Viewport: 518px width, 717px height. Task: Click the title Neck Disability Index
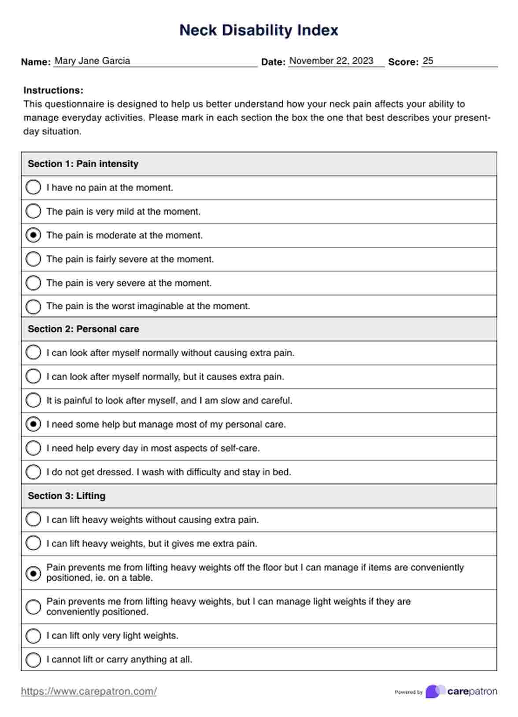point(259,30)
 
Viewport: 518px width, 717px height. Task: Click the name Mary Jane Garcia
point(92,61)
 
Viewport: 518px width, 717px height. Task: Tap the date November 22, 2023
point(331,61)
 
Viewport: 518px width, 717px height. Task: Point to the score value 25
point(428,61)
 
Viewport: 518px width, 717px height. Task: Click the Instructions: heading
point(53,90)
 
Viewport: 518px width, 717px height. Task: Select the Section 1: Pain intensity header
point(83,164)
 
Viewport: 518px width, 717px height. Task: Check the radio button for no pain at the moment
point(33,187)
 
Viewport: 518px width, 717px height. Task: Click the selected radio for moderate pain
point(33,235)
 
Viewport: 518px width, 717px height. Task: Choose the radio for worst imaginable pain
point(33,306)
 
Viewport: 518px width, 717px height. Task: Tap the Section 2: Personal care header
point(83,329)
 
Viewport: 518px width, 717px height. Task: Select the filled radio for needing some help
point(33,424)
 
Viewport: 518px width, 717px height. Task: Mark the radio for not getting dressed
point(33,472)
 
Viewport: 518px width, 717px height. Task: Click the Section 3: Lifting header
point(67,496)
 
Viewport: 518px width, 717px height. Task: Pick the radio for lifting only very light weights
point(33,636)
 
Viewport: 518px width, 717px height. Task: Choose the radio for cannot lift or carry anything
point(33,659)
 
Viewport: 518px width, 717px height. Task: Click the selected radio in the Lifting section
point(33,573)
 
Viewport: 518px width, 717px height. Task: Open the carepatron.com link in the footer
point(89,691)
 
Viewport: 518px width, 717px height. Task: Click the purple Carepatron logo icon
point(434,691)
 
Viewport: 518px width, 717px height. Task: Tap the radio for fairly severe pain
point(33,259)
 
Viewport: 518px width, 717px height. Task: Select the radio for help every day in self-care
point(33,448)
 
